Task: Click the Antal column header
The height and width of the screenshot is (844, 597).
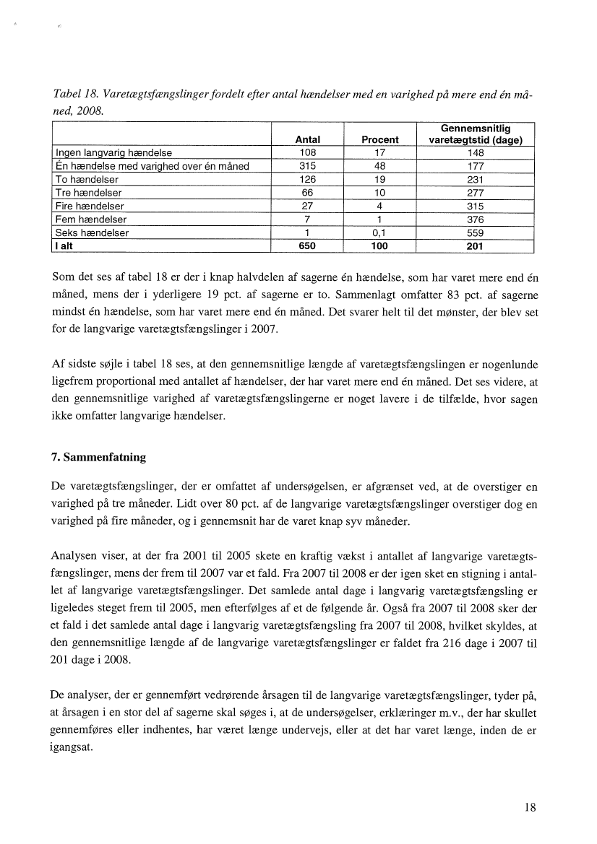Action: pos(308,140)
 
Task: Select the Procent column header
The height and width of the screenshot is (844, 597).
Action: pos(380,140)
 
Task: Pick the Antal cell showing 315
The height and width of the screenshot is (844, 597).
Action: pos(308,167)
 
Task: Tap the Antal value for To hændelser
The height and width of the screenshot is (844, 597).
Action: pos(308,180)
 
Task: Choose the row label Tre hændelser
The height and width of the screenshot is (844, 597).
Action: pos(88,193)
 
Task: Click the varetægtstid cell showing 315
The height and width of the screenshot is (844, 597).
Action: pos(475,206)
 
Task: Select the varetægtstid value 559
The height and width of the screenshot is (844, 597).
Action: pos(475,233)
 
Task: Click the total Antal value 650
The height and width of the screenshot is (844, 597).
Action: pos(308,246)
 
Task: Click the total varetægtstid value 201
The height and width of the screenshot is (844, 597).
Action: pos(475,246)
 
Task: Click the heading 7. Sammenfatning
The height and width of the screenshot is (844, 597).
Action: pos(101,457)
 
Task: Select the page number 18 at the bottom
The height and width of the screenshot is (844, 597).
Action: pos(530,809)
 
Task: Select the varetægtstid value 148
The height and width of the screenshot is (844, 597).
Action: pos(475,153)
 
